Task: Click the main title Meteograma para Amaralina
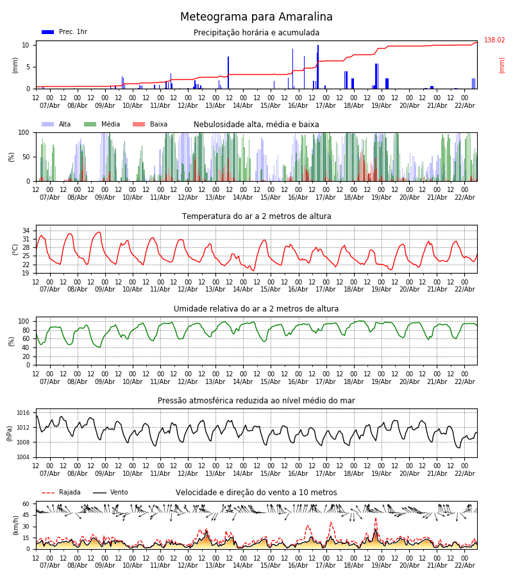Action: pos(256,17)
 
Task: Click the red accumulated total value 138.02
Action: pos(494,40)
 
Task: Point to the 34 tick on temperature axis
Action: pos(26,231)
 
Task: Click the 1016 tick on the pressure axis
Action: pos(23,413)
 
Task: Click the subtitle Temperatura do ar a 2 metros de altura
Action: pos(256,216)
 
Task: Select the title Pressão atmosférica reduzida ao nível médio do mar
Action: pos(256,401)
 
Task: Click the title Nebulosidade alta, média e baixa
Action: pos(256,125)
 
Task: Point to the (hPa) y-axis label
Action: pos(10,433)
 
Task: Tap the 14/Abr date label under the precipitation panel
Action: pos(243,105)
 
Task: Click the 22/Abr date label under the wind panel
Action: pos(464,565)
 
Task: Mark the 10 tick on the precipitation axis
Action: pos(26,45)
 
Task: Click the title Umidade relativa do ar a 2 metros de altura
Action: pos(256,309)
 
